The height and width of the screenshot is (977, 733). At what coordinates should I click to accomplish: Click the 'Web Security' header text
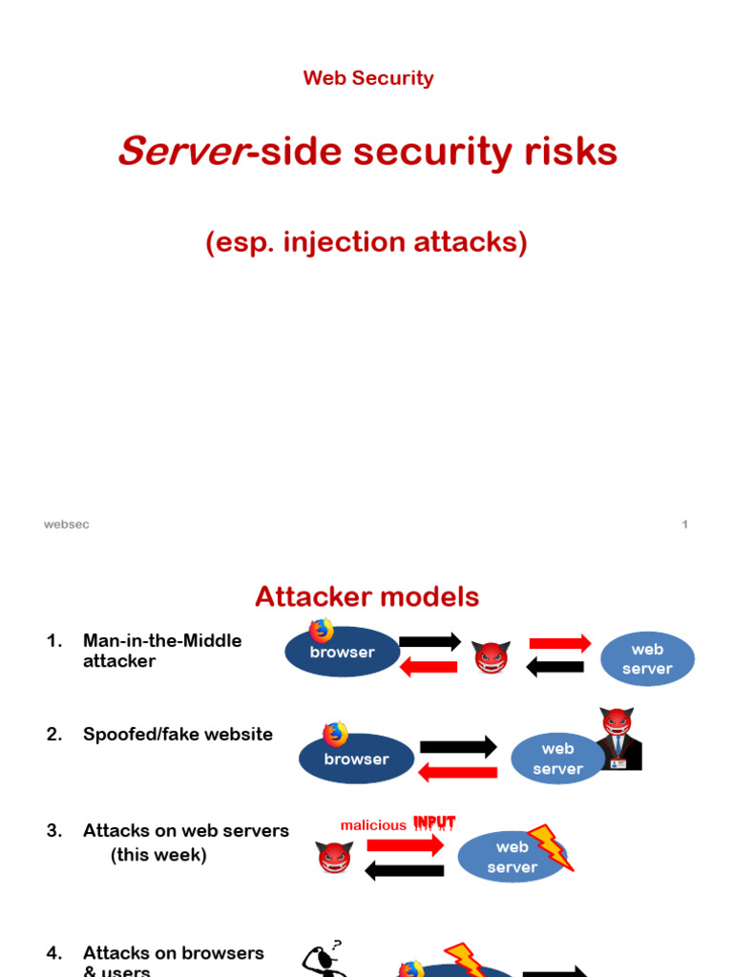pyautogui.click(x=367, y=78)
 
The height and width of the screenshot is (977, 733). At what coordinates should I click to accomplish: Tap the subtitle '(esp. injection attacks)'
pyautogui.click(x=366, y=242)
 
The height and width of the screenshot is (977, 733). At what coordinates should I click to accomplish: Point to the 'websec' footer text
pyautogui.click(x=67, y=525)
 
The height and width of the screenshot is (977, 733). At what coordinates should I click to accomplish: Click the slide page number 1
pyautogui.click(x=684, y=525)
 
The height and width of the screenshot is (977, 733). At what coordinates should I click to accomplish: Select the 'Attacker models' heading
pyautogui.click(x=366, y=597)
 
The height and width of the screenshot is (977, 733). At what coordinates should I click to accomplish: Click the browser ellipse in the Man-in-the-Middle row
pyautogui.click(x=343, y=653)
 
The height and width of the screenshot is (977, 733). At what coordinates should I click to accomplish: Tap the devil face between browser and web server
pyautogui.click(x=492, y=657)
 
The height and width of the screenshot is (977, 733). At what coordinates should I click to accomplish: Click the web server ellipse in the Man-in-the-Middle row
pyautogui.click(x=647, y=659)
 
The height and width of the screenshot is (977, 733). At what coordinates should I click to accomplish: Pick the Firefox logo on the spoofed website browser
pyautogui.click(x=335, y=735)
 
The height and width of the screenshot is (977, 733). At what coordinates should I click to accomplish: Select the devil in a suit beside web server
pyautogui.click(x=618, y=739)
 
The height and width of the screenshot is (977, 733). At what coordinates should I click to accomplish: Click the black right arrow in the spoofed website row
pyautogui.click(x=458, y=747)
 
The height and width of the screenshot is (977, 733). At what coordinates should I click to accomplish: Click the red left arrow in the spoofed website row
pyautogui.click(x=458, y=772)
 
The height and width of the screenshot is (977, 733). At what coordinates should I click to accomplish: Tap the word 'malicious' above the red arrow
pyautogui.click(x=373, y=825)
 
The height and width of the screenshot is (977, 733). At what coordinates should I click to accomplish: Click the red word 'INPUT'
pyautogui.click(x=434, y=823)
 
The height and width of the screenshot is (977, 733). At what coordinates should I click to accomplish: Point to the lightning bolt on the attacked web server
pyautogui.click(x=550, y=846)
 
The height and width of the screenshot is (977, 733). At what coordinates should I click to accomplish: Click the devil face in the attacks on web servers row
pyautogui.click(x=334, y=857)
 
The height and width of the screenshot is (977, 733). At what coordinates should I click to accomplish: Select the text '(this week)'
pyautogui.click(x=158, y=855)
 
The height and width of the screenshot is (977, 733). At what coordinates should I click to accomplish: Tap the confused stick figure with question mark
pyautogui.click(x=321, y=959)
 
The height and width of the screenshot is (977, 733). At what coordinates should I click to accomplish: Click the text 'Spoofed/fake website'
pyautogui.click(x=178, y=734)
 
